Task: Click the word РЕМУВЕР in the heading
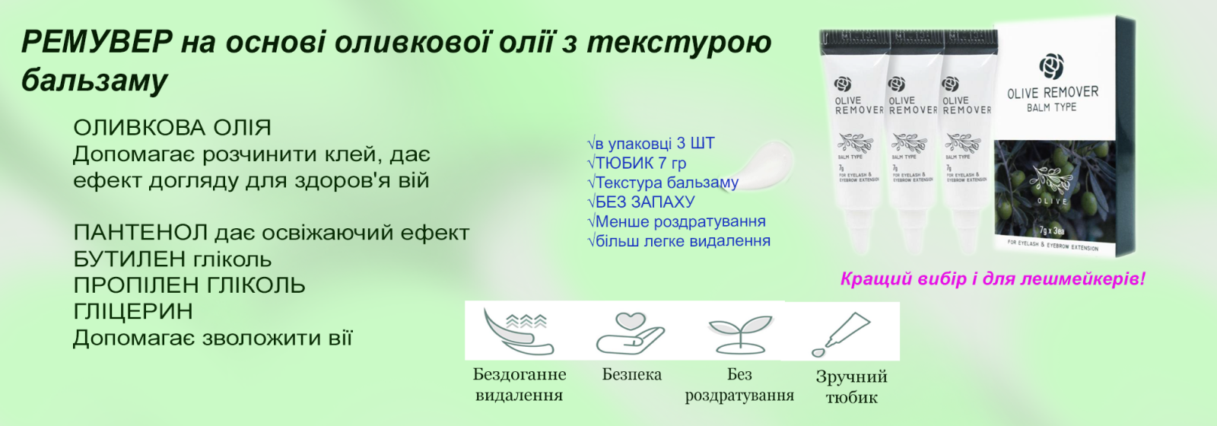click(97, 42)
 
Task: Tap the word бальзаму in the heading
click(94, 80)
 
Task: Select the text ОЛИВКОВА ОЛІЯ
click(172, 128)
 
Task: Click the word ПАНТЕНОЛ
click(140, 233)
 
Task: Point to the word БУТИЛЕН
click(129, 259)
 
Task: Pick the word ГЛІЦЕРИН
click(133, 312)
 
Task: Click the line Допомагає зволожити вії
click(212, 338)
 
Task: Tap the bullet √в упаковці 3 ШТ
click(650, 144)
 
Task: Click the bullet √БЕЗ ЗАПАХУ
click(640, 202)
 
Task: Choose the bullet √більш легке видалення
click(678, 241)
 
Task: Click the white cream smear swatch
click(764, 161)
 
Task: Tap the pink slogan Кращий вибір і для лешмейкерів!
click(992, 279)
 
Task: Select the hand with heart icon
click(631, 332)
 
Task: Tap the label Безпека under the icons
click(631, 374)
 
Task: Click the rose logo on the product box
click(1052, 67)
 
